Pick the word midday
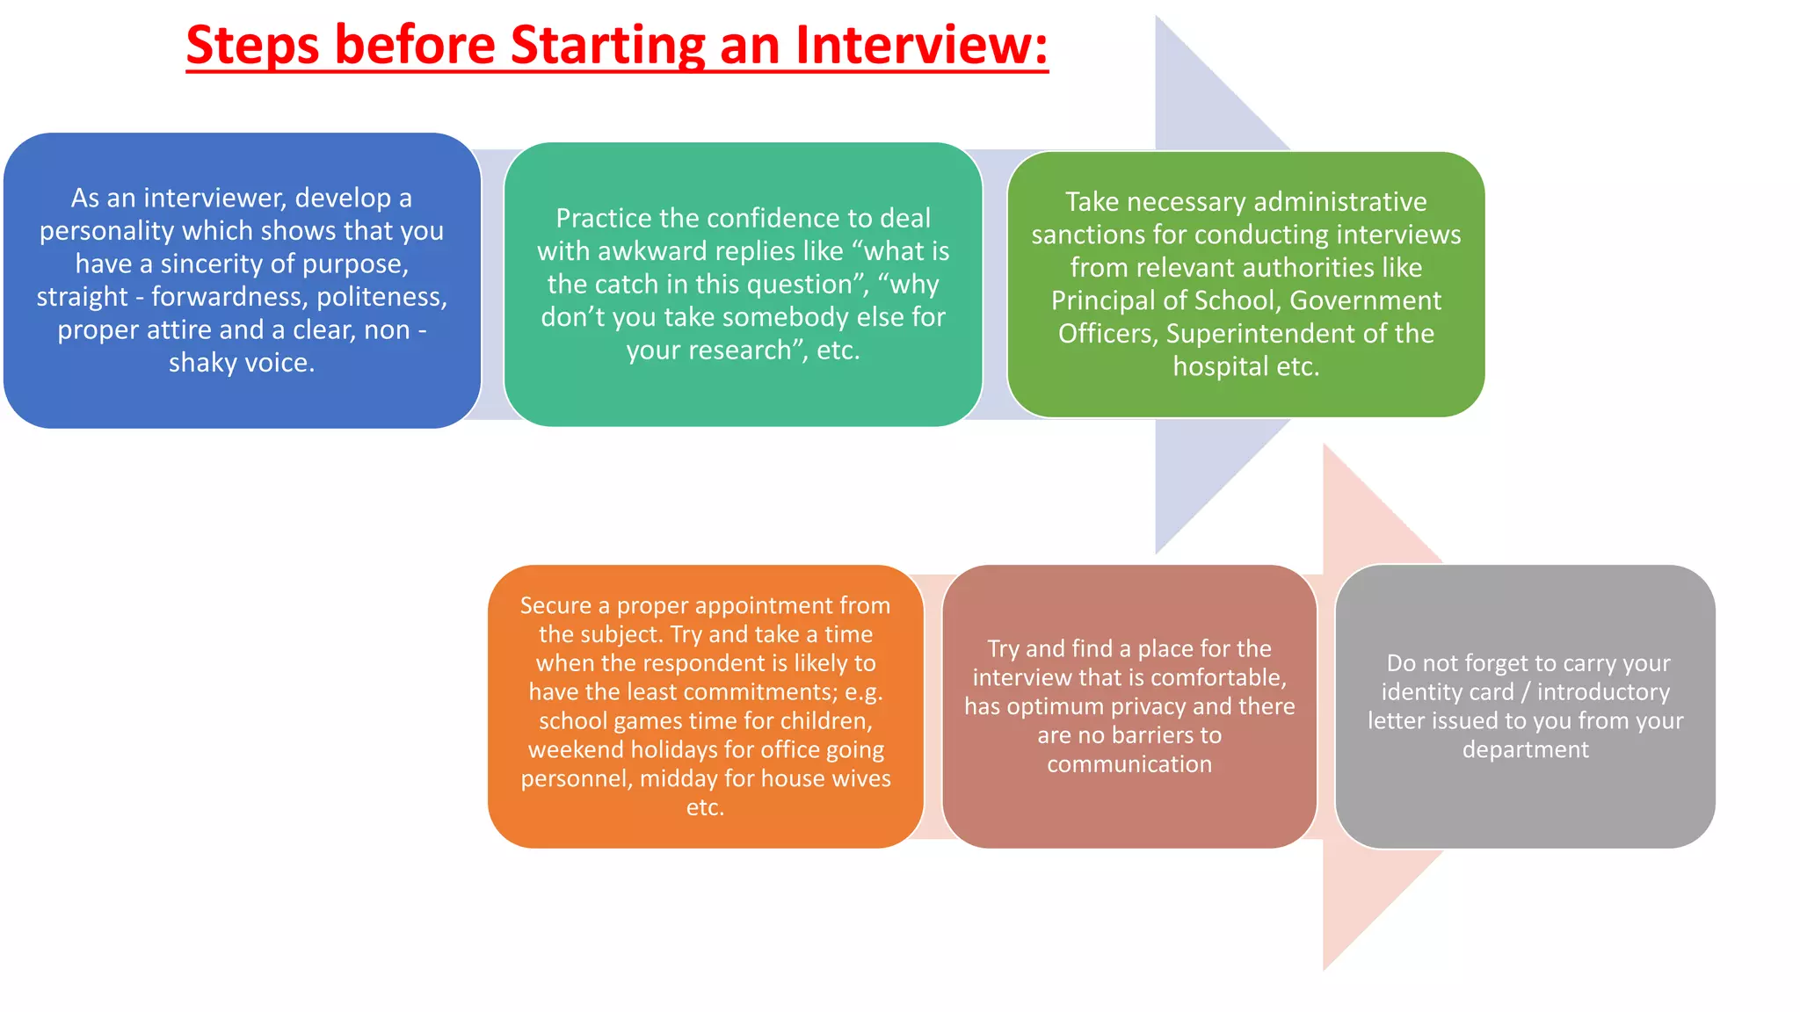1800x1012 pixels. click(x=678, y=778)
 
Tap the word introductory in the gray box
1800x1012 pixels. click(x=1603, y=692)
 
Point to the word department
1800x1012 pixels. click(x=1525, y=749)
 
